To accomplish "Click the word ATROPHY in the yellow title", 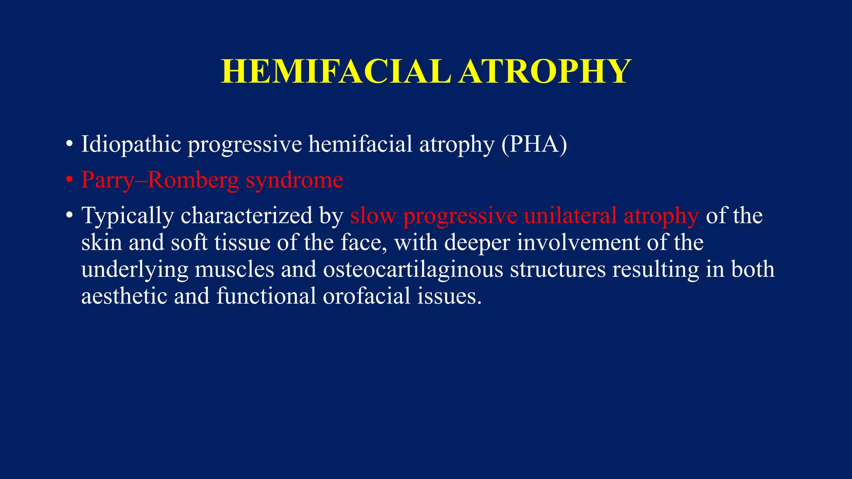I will coord(545,72).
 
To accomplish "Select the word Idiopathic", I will coord(131,145).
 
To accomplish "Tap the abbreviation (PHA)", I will coord(534,145).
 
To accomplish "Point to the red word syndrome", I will coord(295,180).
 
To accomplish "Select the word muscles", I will coord(234,269).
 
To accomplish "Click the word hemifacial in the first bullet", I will coord(360,145).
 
